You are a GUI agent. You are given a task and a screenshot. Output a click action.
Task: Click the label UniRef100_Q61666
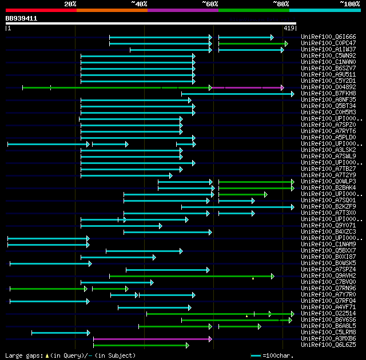pos(328,37)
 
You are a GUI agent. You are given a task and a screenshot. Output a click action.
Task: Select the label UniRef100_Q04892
pos(328,87)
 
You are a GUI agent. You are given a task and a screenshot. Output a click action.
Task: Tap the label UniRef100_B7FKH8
pos(328,94)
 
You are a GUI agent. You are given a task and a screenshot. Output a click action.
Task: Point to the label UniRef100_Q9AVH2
pos(328,276)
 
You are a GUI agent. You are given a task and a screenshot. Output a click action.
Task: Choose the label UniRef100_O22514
pos(328,314)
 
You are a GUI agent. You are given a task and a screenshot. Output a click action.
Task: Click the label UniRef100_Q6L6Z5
pos(328,345)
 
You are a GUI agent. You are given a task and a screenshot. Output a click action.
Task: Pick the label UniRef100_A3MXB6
pos(328,339)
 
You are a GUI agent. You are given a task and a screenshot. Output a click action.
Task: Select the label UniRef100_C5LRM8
pos(328,333)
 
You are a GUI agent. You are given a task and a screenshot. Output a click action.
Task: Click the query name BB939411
pos(22,18)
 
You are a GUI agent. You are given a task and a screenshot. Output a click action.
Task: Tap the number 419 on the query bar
pos(289,28)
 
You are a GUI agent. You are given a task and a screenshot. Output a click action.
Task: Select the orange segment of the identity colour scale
pos(112,10)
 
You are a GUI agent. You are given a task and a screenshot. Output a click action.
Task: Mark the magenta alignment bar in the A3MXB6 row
pos(152,339)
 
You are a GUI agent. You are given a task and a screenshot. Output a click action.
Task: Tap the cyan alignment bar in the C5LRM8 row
pos(60,333)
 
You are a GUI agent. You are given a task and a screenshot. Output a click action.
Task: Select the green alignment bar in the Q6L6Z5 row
pos(140,345)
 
